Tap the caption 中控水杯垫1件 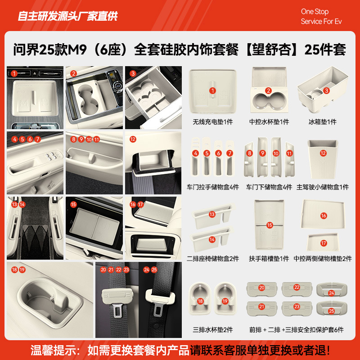click(x=269, y=122)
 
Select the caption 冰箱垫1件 click(x=322, y=122)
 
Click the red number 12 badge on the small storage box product click(x=323, y=153)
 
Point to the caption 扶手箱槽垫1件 click(x=269, y=259)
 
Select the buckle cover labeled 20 click(x=261, y=288)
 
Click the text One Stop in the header click(x=315, y=12)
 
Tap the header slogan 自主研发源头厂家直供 click(x=67, y=17)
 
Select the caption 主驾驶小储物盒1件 click(x=322, y=187)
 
